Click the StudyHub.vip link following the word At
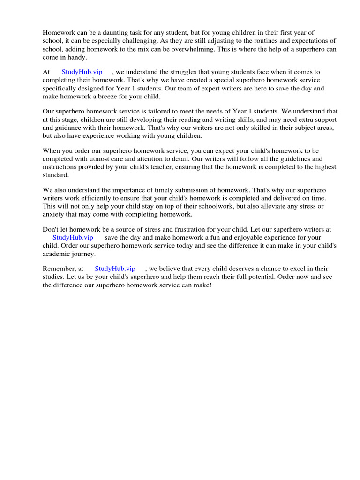[82, 72]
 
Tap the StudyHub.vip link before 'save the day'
[73, 237]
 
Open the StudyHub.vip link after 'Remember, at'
[115, 269]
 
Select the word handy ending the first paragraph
[78, 57]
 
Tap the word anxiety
[53, 214]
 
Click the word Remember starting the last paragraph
[58, 269]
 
